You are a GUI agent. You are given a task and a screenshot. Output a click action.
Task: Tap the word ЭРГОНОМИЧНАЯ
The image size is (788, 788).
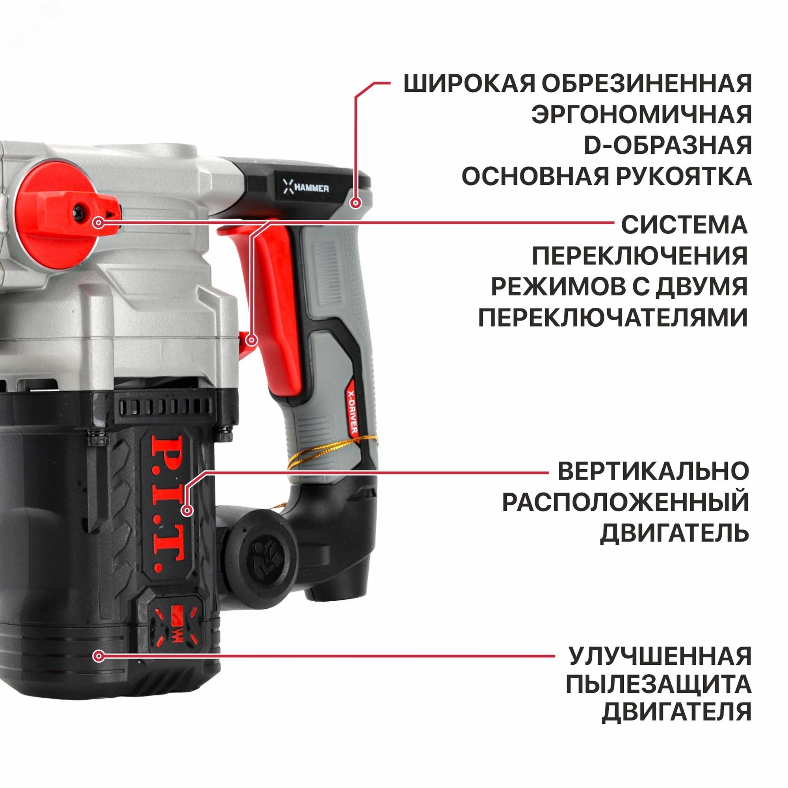641,115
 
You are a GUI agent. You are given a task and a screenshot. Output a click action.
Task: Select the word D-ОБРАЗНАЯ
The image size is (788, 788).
668,146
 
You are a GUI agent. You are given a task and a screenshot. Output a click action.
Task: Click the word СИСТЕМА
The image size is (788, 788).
684,225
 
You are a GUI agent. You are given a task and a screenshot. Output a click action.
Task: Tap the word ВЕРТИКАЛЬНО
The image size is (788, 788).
653,472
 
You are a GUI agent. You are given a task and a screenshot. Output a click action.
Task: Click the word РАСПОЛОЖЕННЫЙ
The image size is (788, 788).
625,502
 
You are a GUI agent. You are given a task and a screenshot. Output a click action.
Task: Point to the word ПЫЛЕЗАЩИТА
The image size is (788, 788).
658,688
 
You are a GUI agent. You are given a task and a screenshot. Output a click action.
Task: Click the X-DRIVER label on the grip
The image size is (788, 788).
351,412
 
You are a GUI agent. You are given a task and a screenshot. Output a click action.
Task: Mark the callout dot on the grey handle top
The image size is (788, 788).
356,203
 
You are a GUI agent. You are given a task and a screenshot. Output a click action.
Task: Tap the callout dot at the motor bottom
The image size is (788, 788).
98,656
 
